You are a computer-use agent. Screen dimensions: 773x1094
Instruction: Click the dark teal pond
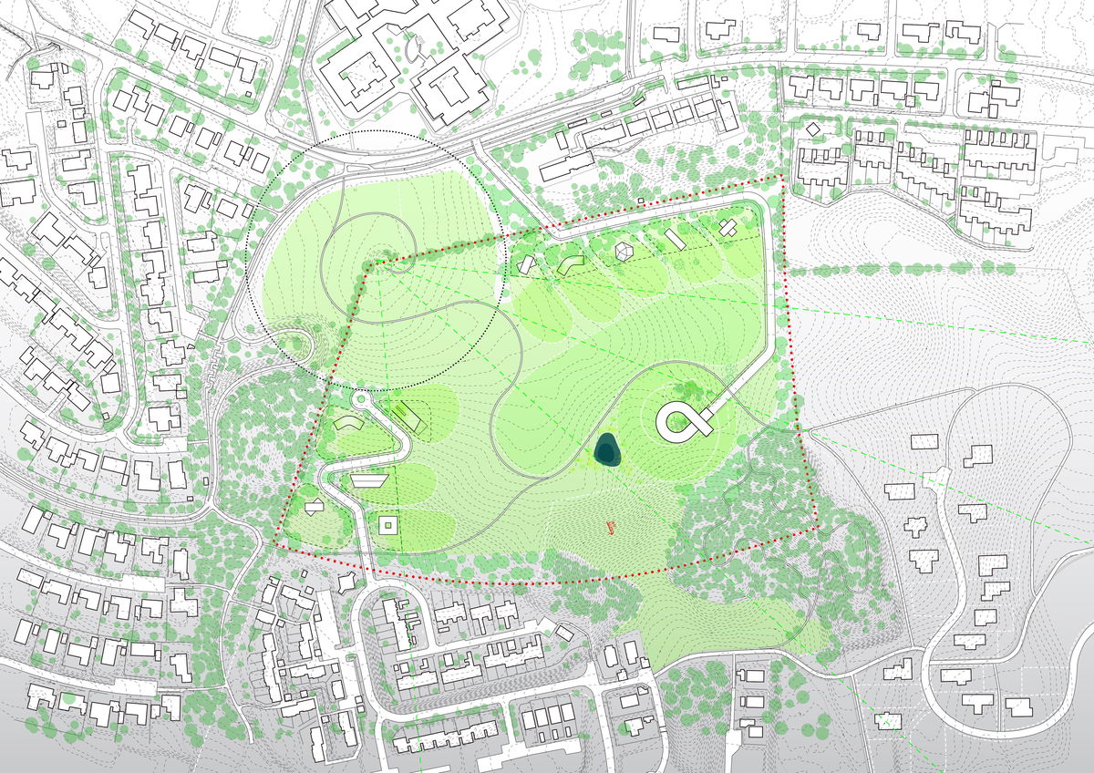607,449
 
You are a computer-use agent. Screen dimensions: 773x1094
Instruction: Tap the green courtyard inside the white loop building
677,420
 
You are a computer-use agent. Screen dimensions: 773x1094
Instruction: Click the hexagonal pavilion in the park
624,251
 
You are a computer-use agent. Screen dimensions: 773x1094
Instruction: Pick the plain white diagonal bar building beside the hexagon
675,239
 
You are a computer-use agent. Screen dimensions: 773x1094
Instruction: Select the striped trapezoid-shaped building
369,479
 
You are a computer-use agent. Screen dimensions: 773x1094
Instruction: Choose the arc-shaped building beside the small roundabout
346,424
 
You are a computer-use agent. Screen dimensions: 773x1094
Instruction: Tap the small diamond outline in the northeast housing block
813,129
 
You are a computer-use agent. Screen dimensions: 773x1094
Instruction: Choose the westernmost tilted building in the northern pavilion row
527,264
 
